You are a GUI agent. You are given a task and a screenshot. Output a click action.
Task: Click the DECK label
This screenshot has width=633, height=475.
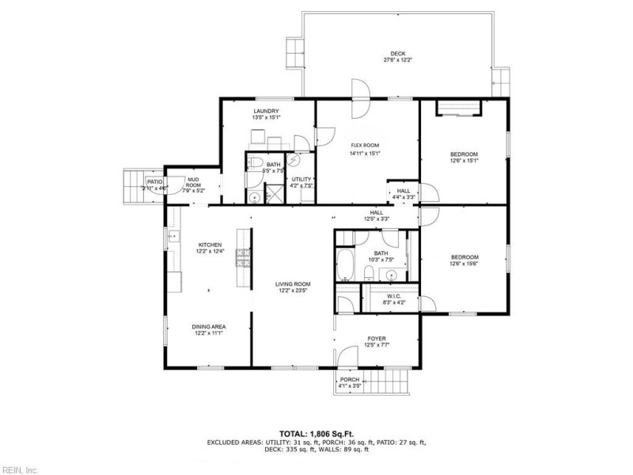[x=398, y=54]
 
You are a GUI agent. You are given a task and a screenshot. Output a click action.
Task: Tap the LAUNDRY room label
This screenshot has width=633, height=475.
[x=266, y=111]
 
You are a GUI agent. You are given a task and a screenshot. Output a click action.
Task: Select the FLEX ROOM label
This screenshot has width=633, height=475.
[x=366, y=146]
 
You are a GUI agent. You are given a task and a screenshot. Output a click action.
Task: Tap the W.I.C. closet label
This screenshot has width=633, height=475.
[x=394, y=297]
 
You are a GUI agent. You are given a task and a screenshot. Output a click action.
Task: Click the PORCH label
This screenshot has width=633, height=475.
[x=350, y=380]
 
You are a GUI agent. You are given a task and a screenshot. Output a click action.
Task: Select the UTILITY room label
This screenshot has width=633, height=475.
[x=301, y=180]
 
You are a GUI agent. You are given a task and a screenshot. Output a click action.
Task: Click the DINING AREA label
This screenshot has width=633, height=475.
[x=210, y=326]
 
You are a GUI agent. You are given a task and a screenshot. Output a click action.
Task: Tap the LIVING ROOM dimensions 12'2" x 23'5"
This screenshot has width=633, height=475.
[x=293, y=291]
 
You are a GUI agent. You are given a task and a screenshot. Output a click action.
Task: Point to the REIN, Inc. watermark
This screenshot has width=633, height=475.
[x=19, y=469]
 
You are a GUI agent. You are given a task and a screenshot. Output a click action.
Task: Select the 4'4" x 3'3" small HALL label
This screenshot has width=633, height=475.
[x=404, y=191]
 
